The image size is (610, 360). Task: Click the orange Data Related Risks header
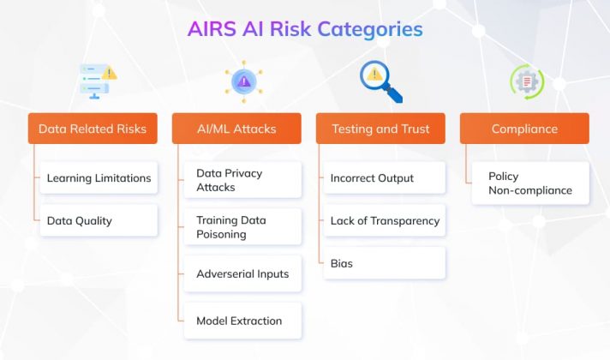[x=93, y=129]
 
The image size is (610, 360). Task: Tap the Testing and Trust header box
[x=380, y=129]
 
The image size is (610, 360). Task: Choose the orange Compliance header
[x=524, y=129]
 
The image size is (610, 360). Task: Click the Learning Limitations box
[x=99, y=178]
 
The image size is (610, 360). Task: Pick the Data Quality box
[x=99, y=220]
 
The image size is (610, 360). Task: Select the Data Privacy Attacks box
[x=242, y=180]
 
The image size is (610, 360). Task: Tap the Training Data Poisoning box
[x=242, y=226]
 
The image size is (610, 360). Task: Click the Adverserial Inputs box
[x=242, y=273]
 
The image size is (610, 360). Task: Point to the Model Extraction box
[x=242, y=321]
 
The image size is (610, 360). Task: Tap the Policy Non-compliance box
[x=530, y=183]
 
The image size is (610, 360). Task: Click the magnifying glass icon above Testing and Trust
[x=380, y=81]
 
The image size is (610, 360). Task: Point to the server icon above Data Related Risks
[x=97, y=80]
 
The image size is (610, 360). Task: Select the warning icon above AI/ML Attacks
[x=243, y=81]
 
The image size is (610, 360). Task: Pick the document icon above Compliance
[x=526, y=81]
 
